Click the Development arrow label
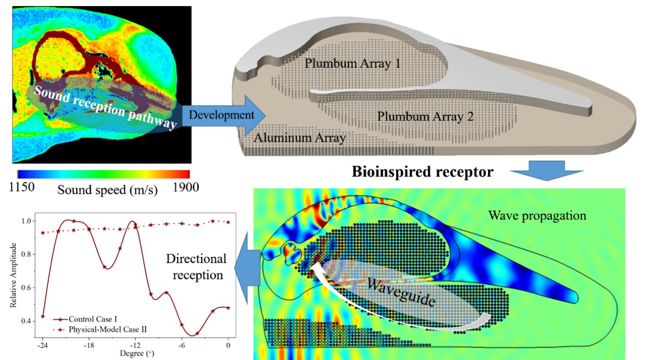(x=221, y=115)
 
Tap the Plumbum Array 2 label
(x=425, y=116)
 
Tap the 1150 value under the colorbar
(x=22, y=187)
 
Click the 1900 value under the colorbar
(x=186, y=187)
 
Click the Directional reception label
(x=196, y=267)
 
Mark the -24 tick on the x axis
(x=43, y=345)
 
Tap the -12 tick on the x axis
(x=135, y=345)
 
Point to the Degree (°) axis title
(x=134, y=353)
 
